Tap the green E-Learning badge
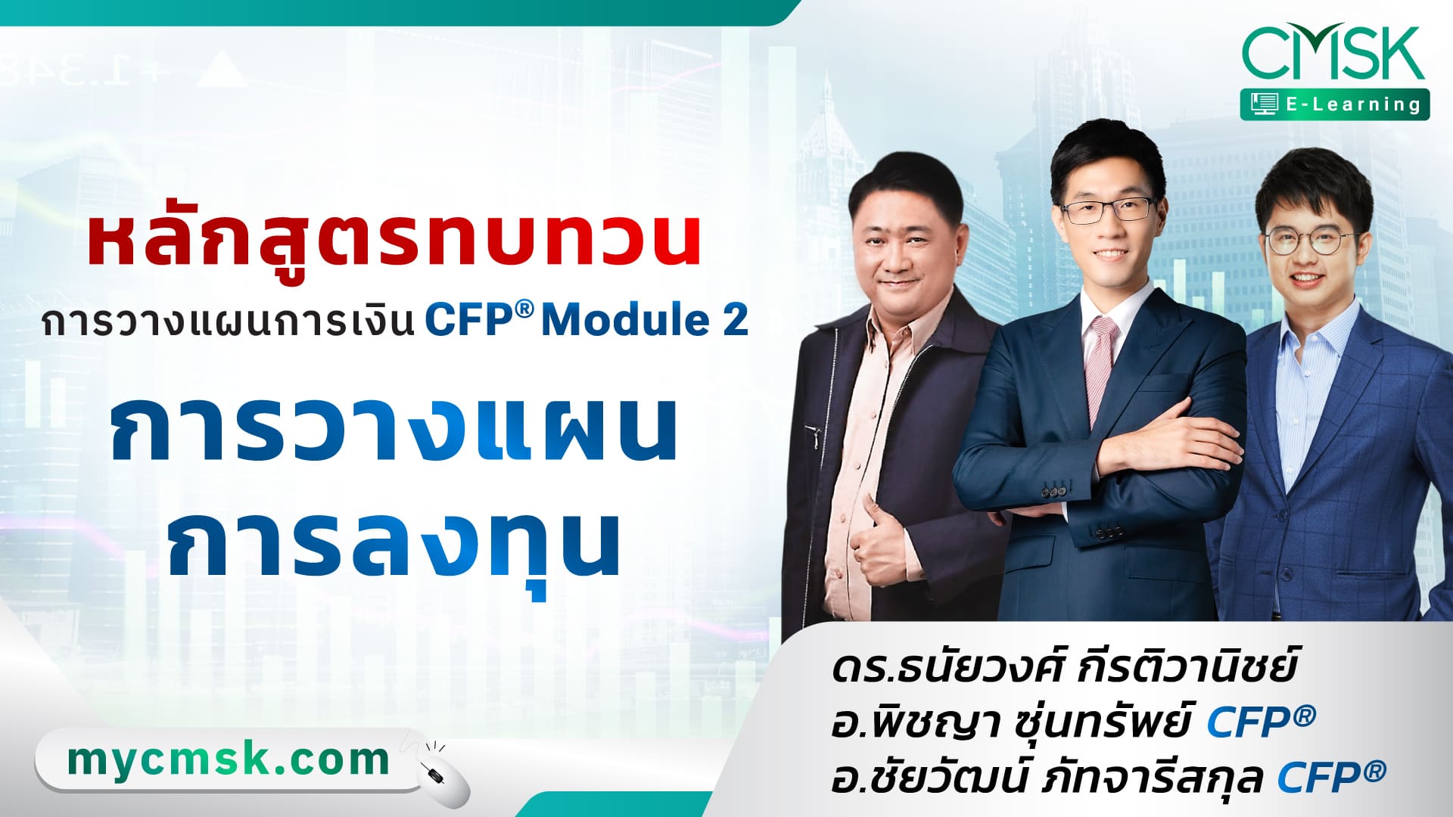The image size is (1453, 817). pyautogui.click(x=1335, y=104)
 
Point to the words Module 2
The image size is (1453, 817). pyautogui.click(x=645, y=320)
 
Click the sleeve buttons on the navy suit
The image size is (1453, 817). pyautogui.click(x=1054, y=491)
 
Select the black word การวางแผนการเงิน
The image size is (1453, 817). pyautogui.click(x=228, y=321)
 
